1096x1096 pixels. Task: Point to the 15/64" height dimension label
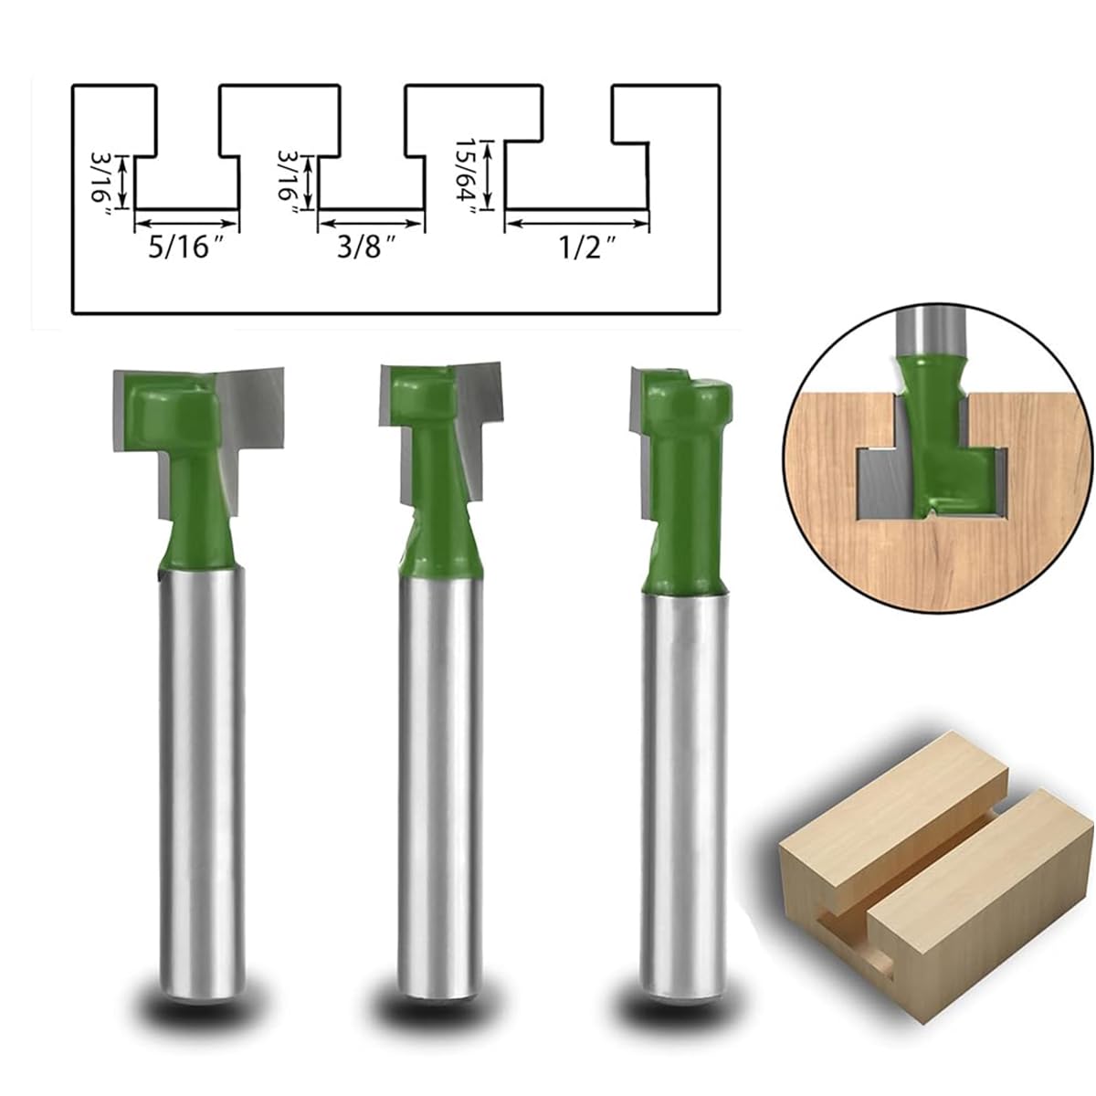point(469,174)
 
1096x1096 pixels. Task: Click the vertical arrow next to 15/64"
point(490,174)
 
